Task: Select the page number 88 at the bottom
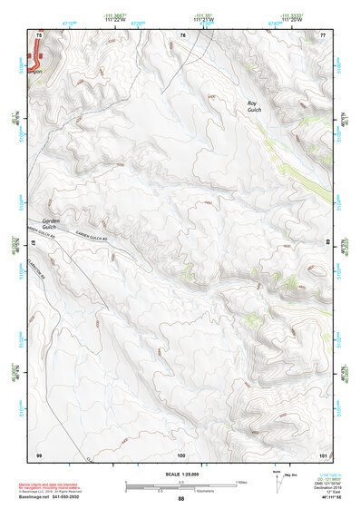click(181, 499)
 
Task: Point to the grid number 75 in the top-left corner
click(38, 34)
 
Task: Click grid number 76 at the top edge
click(182, 34)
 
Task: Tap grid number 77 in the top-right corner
click(323, 34)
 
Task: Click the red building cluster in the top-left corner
click(36, 62)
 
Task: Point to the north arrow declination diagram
click(277, 481)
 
